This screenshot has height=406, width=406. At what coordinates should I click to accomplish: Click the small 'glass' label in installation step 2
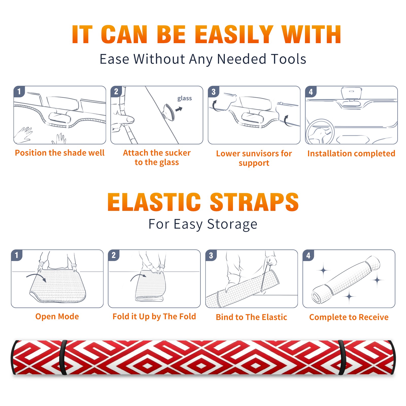[x=184, y=98]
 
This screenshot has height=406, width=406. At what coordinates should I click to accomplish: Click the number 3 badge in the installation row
[x=213, y=92]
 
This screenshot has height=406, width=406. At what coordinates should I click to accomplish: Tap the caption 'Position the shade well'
[x=60, y=153]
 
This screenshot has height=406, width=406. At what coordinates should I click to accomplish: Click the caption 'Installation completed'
[x=351, y=154]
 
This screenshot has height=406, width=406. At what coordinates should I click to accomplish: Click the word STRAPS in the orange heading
[x=254, y=202]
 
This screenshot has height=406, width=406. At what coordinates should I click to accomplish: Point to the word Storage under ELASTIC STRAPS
[x=232, y=224]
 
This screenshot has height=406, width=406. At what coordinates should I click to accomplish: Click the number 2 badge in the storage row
[x=114, y=255]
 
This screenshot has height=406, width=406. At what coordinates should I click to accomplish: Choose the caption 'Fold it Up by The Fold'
[x=154, y=317]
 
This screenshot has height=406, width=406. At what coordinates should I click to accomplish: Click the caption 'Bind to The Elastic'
[x=251, y=317]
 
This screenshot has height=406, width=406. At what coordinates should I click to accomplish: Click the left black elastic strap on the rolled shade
[x=63, y=357]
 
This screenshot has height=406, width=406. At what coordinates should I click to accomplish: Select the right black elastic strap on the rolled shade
[x=342, y=357]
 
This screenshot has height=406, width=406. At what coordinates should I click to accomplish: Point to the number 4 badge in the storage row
[x=308, y=255]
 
